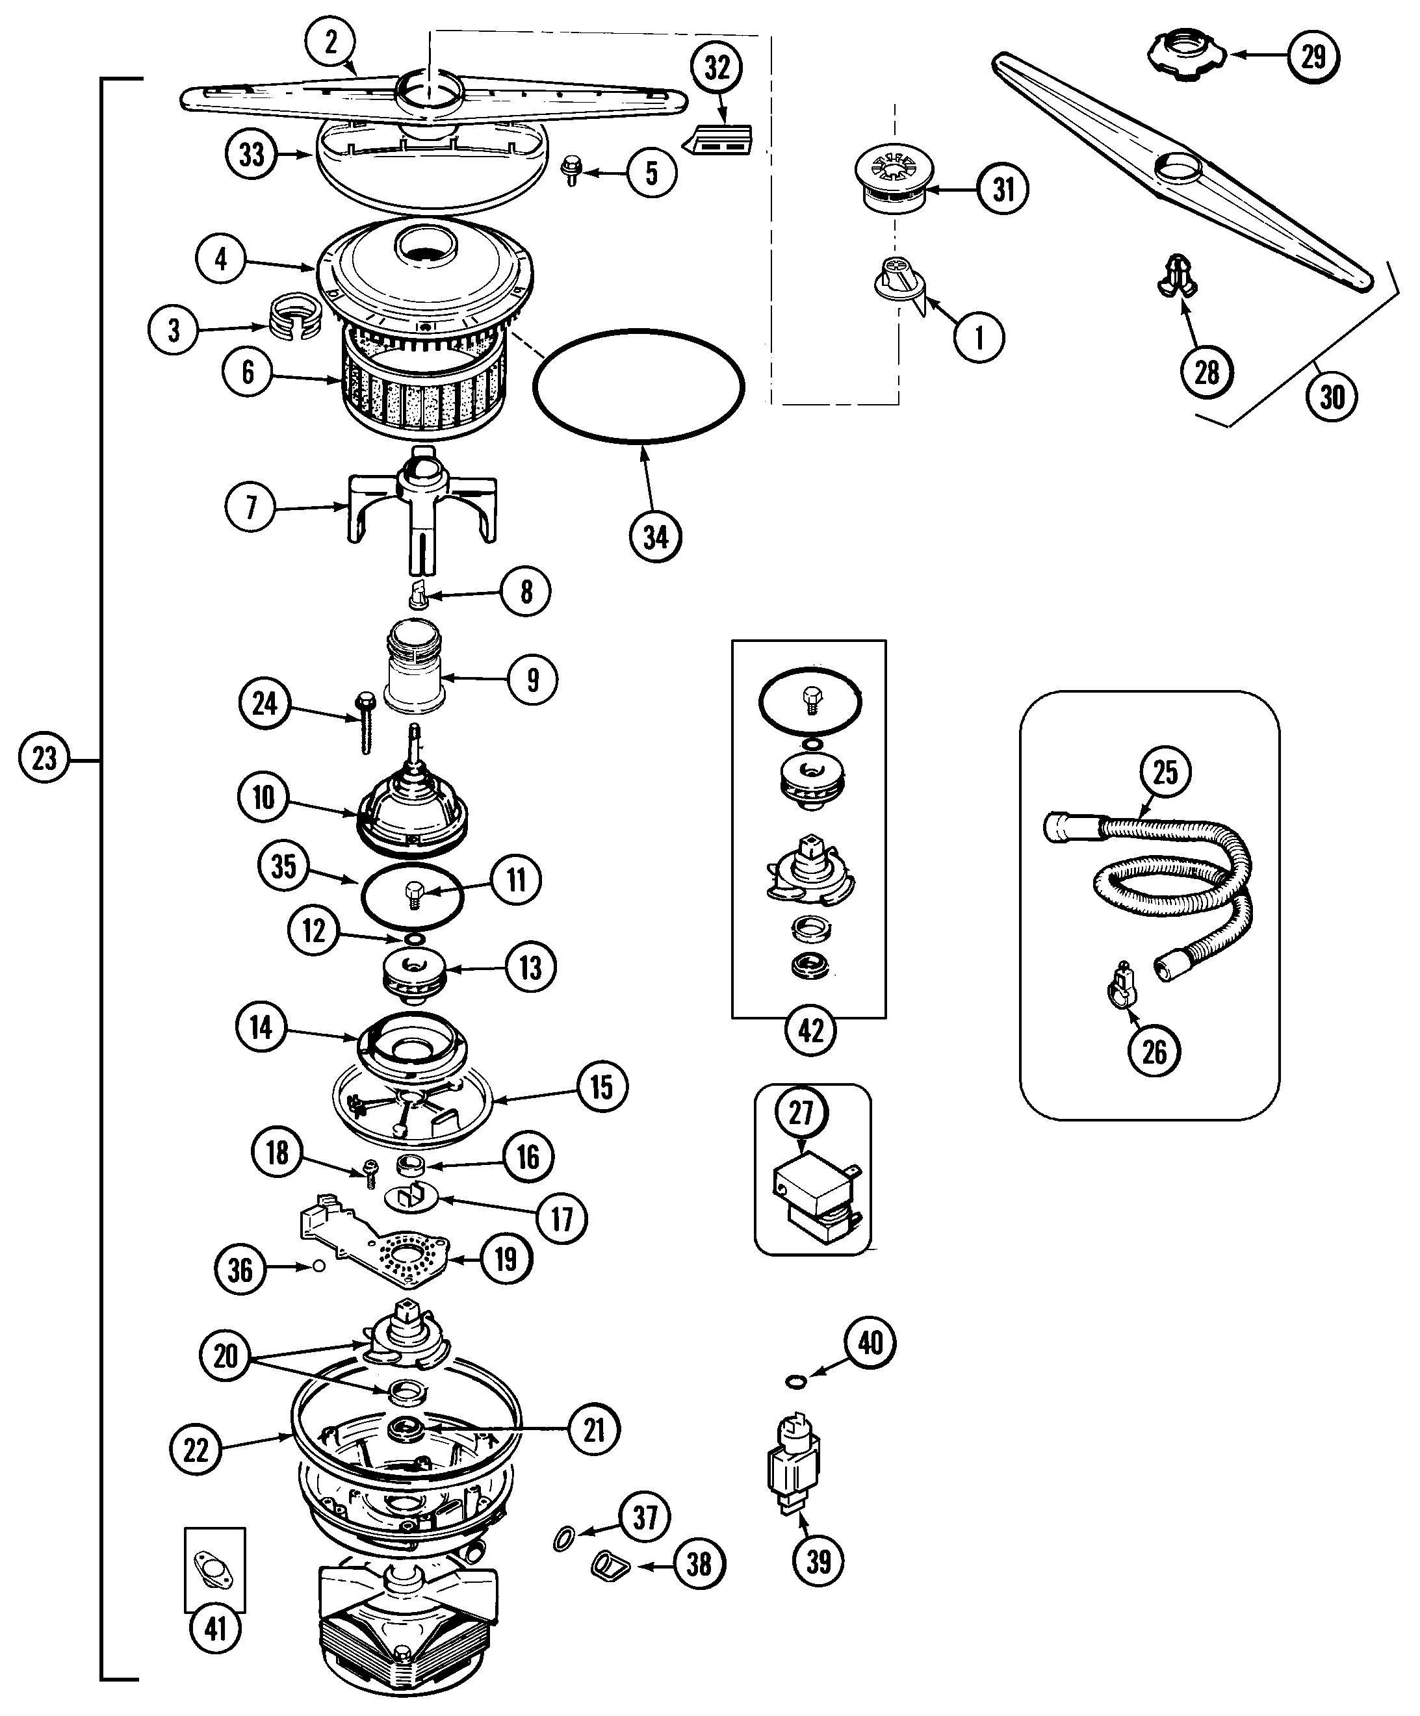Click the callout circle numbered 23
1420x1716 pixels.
coord(44,758)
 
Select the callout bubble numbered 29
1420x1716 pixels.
coord(1312,56)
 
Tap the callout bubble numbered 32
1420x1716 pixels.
coord(716,67)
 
